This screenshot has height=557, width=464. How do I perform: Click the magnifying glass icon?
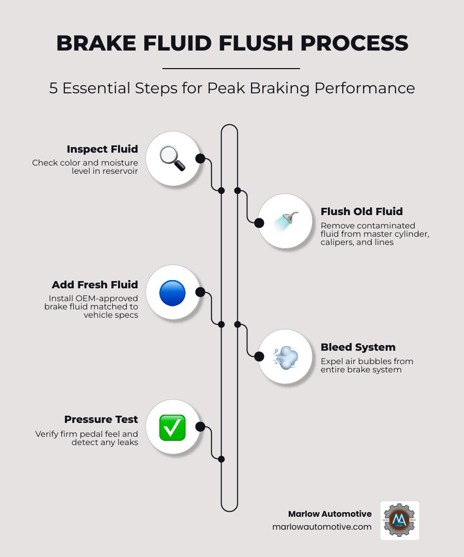pos(172,158)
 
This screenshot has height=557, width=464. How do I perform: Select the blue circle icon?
pos(172,293)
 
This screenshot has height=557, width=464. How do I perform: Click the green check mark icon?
pos(172,428)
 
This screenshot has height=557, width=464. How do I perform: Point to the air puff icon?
pos(285,356)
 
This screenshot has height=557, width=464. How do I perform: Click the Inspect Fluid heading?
pos(102,149)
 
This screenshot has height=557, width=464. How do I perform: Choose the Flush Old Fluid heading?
pos(361,211)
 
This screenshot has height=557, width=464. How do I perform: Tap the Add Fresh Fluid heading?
pos(95,285)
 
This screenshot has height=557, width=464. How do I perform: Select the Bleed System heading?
pos(358,347)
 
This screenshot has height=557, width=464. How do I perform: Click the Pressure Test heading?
pos(101,419)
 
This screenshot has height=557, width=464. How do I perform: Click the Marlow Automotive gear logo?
pos(400,520)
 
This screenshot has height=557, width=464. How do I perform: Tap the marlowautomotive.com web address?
pos(322,527)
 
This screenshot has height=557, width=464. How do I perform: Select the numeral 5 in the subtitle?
pos(54,88)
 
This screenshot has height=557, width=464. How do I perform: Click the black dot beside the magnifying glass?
pos(200,158)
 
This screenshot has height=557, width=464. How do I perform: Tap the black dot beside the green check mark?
pos(200,427)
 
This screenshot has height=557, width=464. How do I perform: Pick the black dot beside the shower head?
pos(259,223)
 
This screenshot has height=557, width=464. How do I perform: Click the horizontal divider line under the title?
pos(231,68)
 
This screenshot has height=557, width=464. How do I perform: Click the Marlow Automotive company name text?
pos(329,514)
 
